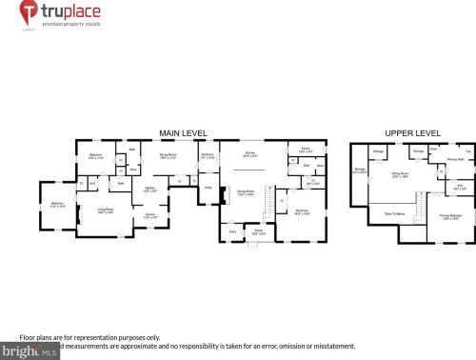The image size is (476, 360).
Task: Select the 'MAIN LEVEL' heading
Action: coord(184,132)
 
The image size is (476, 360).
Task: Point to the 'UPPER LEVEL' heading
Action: coord(412,132)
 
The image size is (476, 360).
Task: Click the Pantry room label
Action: coord(307,150)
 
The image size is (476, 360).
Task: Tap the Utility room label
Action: coord(207,188)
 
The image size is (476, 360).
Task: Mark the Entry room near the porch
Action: coord(232,230)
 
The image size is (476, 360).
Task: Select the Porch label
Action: coord(257,230)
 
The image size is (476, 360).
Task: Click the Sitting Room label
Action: coord(400,174)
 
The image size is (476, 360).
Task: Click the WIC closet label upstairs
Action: coord(458,187)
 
